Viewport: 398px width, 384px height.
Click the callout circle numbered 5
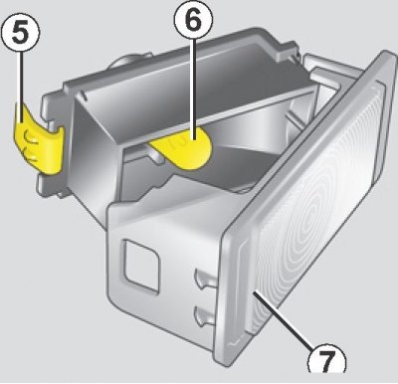(x=21, y=33)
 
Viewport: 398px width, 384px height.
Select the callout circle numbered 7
(x=326, y=360)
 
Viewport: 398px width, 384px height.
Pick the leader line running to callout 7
(x=283, y=319)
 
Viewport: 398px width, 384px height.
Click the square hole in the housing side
(x=140, y=266)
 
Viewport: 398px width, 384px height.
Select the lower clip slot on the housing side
(x=205, y=315)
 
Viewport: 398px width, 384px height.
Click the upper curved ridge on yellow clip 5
(x=31, y=135)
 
